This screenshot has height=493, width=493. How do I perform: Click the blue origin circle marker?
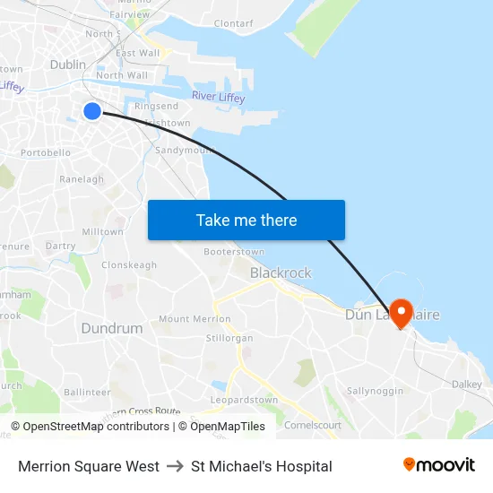pos(92,110)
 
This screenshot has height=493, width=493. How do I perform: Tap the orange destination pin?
pos(400,312)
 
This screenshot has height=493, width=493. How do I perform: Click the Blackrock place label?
pos(281,272)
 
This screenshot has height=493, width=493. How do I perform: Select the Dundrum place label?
pos(112,328)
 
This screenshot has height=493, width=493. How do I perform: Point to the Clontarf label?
pos(234,23)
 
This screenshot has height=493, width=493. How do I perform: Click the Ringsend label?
pos(156,107)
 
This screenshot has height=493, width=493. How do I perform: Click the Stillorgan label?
pos(230,338)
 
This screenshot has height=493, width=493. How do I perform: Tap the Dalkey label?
pos(467,384)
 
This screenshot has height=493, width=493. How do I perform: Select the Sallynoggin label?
pos(375,391)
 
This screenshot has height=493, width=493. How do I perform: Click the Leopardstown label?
pos(244,399)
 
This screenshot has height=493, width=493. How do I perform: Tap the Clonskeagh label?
pos(129,265)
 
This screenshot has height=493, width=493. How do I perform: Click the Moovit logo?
pos(438,465)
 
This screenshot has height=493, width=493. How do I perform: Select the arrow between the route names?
pos(175,466)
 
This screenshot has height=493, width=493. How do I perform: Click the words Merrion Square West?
pos(89,466)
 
